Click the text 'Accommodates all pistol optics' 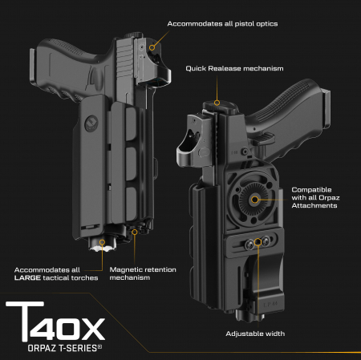(222, 24)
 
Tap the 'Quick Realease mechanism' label (234, 69)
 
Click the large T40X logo (54, 325)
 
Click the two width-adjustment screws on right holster (256, 241)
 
